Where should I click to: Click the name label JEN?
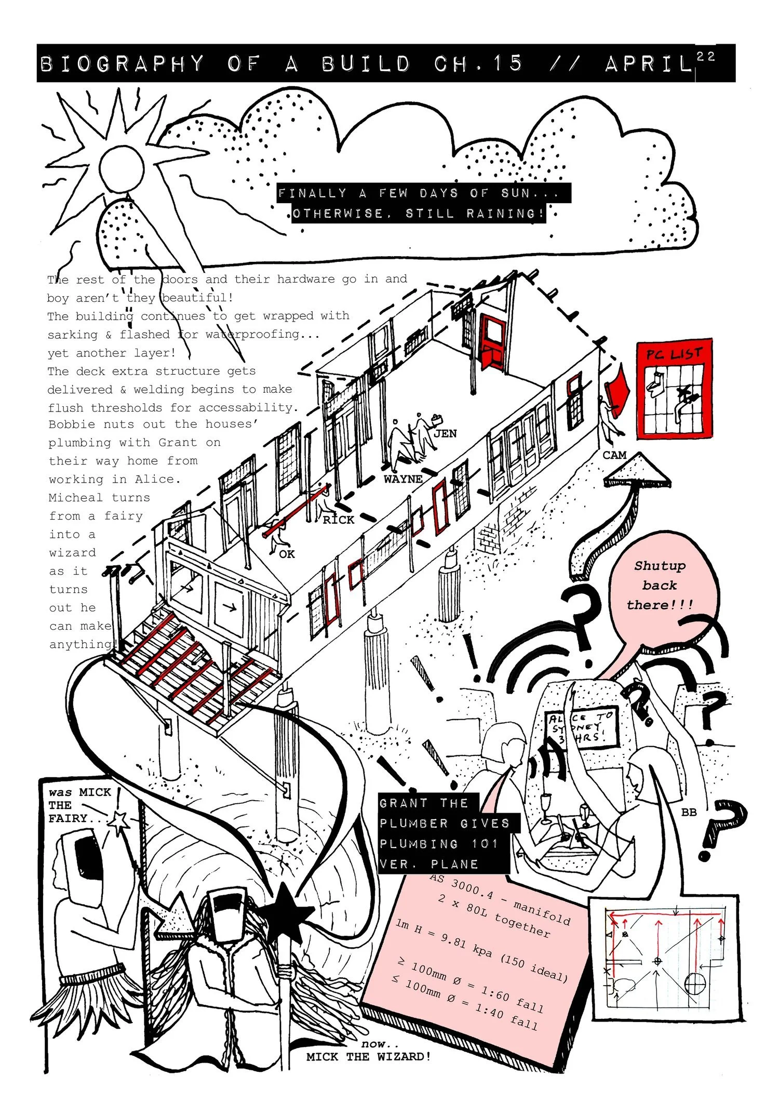[x=445, y=433]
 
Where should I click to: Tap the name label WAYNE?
[x=403, y=479]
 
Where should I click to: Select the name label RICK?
[x=338, y=520]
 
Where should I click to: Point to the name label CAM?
[x=614, y=455]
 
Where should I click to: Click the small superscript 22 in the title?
[x=706, y=57]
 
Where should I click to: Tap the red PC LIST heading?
[x=674, y=354]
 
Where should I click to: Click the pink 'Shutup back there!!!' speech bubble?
[x=660, y=586]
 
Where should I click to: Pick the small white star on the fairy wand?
[x=119, y=821]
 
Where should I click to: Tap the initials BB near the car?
[x=689, y=812]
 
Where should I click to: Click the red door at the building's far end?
[x=491, y=340]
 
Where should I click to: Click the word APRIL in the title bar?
[x=649, y=63]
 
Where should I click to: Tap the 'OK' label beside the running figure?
[x=287, y=554]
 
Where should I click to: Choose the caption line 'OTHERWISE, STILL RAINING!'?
[x=418, y=213]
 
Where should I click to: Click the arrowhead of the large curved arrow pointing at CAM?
[x=638, y=468]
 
